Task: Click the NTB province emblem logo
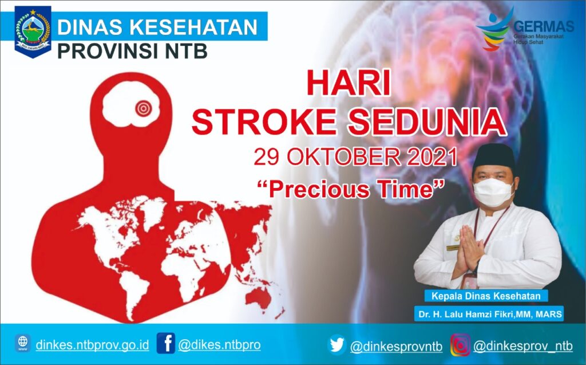[x=33, y=32]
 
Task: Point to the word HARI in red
[x=348, y=83]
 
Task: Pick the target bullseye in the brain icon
[x=142, y=107]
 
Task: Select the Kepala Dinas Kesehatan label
[x=486, y=296]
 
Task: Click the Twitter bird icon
[x=337, y=345]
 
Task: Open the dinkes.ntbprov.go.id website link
[x=92, y=345]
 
